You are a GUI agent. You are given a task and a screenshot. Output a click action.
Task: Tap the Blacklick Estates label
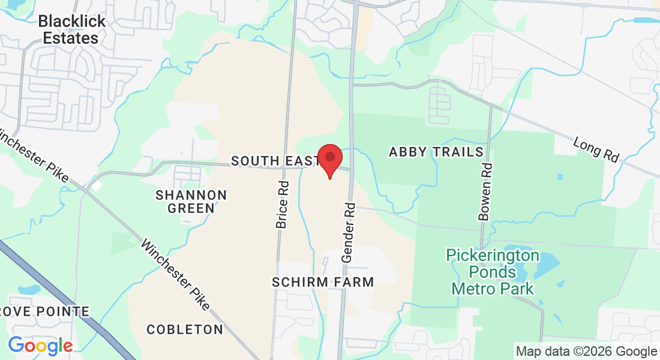71,29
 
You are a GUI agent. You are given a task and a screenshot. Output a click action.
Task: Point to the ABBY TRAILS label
436,152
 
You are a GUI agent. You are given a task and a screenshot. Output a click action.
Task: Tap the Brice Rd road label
282,205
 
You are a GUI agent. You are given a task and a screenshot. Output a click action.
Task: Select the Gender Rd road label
349,232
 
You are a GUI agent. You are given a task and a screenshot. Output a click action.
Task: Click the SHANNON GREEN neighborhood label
191,202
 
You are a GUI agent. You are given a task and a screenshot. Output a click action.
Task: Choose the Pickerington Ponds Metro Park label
492,272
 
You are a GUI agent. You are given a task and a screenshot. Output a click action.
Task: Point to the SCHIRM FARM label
323,282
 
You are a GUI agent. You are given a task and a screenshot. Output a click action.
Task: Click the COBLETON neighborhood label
185,329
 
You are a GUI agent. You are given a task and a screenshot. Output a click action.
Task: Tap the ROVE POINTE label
44,311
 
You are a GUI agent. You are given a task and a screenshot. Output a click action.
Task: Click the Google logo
40,346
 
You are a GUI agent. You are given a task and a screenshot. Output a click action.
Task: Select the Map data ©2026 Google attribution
586,352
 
